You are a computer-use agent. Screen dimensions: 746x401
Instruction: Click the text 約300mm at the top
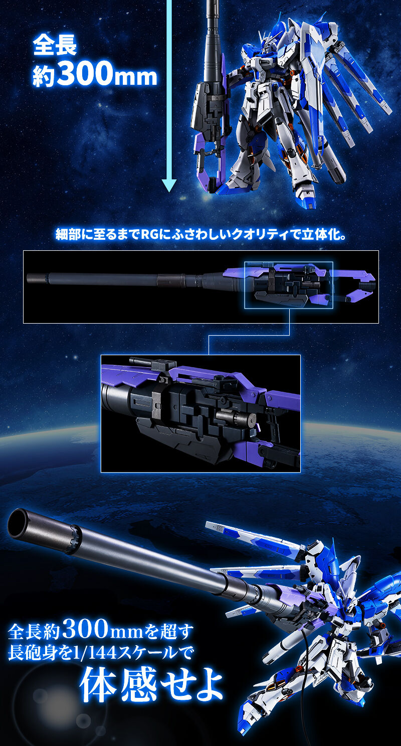(x=95, y=76)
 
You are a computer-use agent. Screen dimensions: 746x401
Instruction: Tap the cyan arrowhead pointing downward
(x=169, y=185)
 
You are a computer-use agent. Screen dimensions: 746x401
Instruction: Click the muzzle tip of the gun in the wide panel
(x=29, y=276)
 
